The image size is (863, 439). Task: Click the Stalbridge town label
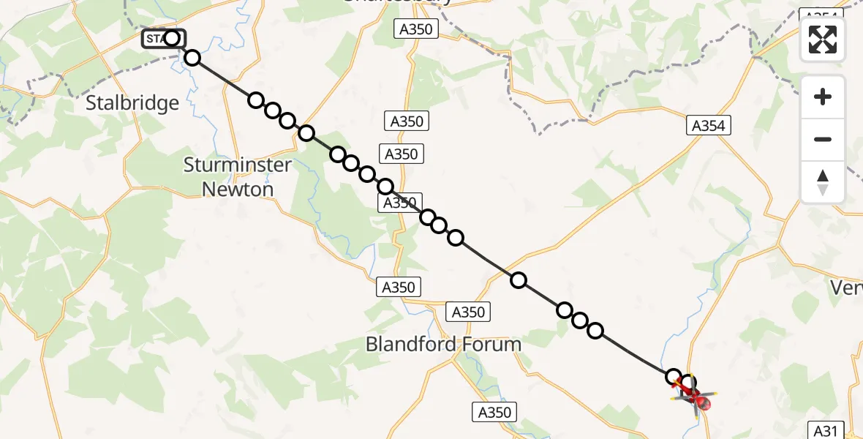132,103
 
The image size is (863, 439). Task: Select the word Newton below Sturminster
238,189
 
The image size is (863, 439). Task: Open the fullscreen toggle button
823,40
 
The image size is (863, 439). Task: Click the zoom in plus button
823,97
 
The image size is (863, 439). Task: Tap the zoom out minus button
823,139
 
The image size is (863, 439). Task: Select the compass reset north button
823,181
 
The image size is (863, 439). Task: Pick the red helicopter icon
698,399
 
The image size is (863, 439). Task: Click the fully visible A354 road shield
708,126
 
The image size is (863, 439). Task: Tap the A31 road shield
827,429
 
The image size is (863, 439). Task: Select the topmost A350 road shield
416,29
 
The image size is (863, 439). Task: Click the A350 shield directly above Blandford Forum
467,312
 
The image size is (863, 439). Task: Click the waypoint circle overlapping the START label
172,38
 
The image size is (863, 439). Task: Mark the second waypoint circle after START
255,100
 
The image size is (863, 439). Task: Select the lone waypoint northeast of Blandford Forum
519,279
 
